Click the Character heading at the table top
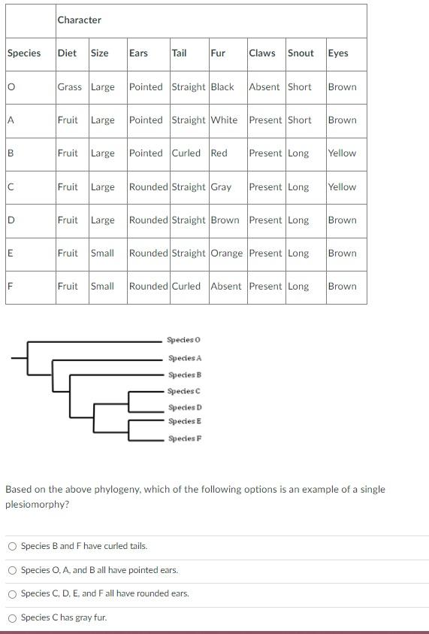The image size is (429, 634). [x=79, y=20]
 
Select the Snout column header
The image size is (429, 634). [x=301, y=53]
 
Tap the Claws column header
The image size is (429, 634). [x=262, y=53]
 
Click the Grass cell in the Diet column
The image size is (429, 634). [x=70, y=87]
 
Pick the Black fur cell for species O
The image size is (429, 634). [x=222, y=87]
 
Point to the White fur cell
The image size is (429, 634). [x=224, y=120]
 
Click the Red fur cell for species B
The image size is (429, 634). [x=219, y=153]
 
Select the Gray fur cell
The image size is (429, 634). [x=221, y=187]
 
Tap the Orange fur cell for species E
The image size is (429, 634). [x=227, y=253]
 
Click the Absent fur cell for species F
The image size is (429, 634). [x=226, y=287]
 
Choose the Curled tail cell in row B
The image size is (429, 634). [x=186, y=153]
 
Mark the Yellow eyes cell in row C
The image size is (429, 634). [x=342, y=187]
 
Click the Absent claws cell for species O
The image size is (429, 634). [x=264, y=87]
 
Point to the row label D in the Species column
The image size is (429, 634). [x=11, y=220]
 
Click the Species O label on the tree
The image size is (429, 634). [x=184, y=341]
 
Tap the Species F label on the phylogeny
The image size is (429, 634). [x=185, y=438]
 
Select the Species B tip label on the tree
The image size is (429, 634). [x=185, y=375]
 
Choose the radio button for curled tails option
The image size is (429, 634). [x=12, y=547]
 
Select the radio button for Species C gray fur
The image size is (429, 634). [x=12, y=618]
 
